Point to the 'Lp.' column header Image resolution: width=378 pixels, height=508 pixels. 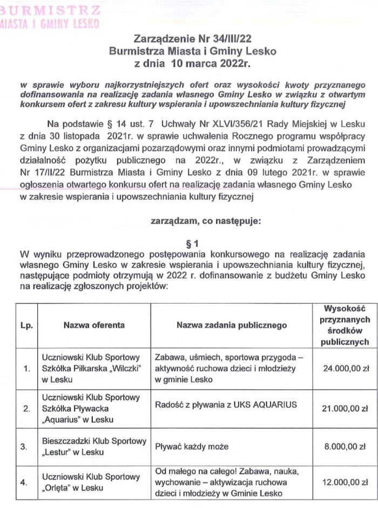coord(26,325)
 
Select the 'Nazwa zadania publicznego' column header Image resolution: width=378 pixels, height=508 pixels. coord(232,325)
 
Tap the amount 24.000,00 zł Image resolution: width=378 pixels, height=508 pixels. coord(345,369)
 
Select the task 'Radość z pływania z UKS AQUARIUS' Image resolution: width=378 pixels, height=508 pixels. coord(226,405)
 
